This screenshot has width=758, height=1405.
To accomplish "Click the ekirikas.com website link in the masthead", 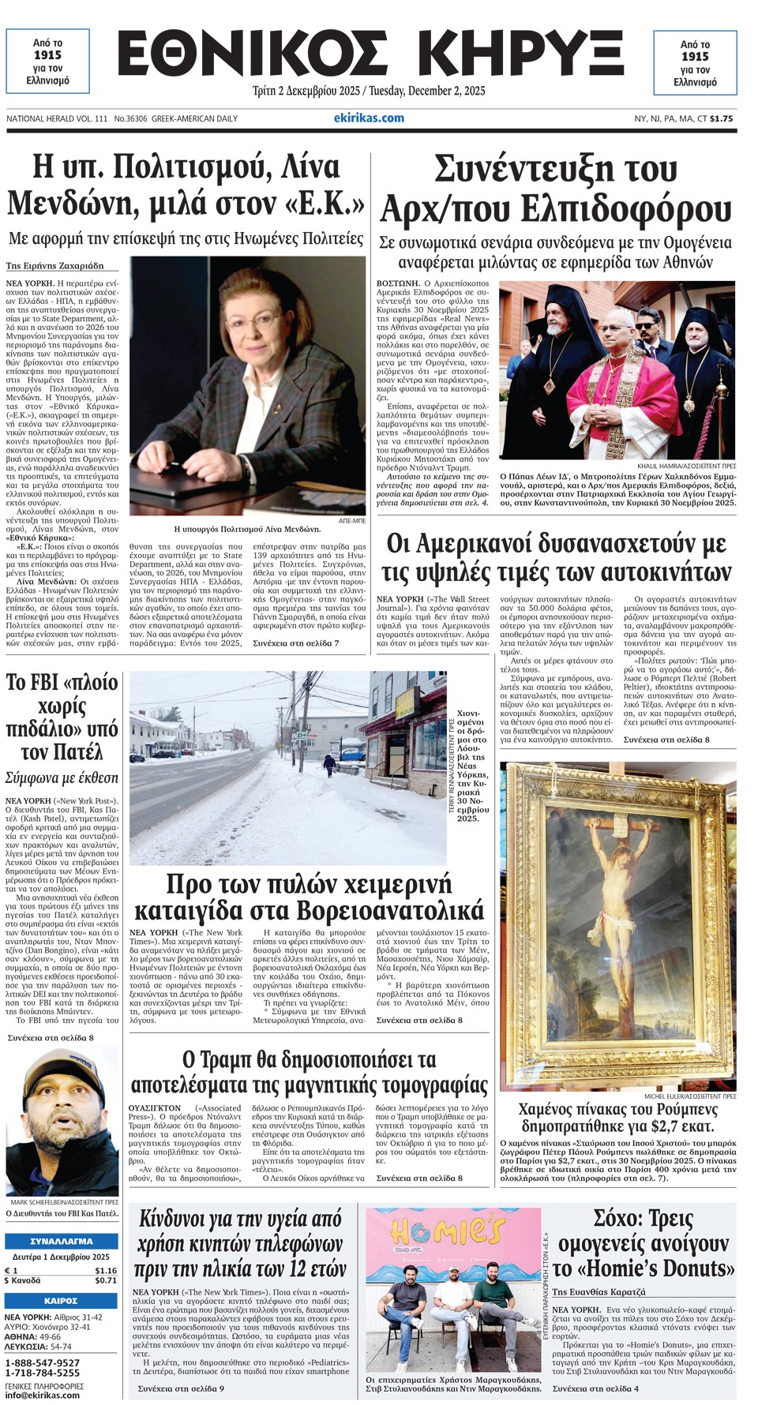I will pyautogui.click(x=369, y=118).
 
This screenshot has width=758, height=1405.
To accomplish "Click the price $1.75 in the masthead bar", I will pyautogui.click(x=721, y=118).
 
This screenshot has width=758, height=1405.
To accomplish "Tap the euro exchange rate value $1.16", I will pyautogui.click(x=105, y=1270).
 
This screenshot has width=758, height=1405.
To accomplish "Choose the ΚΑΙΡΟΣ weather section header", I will pyautogui.click(x=61, y=1300).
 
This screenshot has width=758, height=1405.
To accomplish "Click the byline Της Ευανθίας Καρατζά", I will pyautogui.click(x=599, y=1291).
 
